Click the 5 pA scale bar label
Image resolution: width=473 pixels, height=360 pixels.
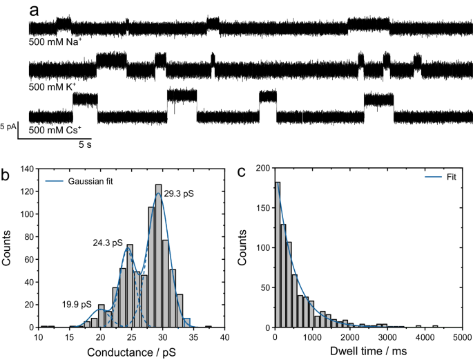coord(8,126)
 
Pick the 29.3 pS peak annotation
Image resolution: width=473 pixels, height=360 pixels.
coord(179,195)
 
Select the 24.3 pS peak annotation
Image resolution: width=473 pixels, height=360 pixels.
coord(108,243)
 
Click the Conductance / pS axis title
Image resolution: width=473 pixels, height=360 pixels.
coord(131,352)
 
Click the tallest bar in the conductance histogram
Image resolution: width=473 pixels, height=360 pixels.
coord(158,256)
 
